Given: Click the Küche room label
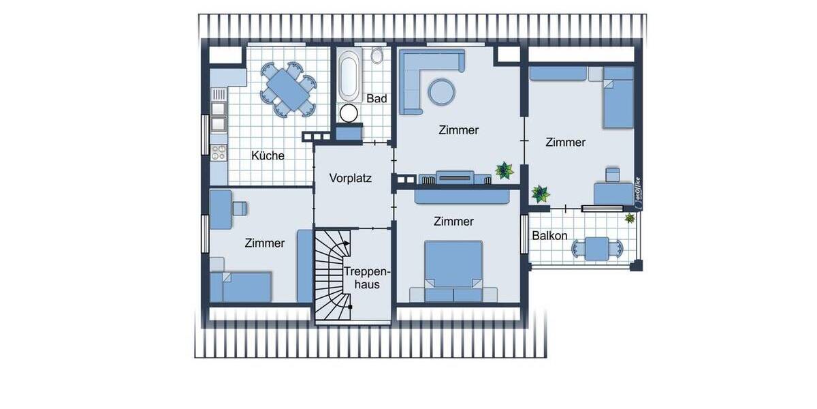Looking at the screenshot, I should [268, 155].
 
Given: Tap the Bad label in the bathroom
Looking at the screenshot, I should [377, 99].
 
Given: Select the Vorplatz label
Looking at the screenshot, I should [350, 179].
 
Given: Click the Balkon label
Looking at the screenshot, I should [549, 236].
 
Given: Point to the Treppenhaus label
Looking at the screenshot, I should [362, 277].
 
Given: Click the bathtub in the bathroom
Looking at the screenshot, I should [349, 76].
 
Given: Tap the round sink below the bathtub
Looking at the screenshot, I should [349, 113].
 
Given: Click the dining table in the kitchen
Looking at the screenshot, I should [286, 89].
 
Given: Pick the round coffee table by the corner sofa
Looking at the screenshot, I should [441, 91].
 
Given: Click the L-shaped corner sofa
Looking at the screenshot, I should [415, 75].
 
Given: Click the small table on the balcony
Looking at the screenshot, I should [598, 249].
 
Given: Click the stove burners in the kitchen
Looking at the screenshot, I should [219, 151].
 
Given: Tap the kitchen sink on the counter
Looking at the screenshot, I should [219, 116].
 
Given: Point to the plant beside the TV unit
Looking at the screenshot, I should [504, 170].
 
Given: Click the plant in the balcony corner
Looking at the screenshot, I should [630, 219].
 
